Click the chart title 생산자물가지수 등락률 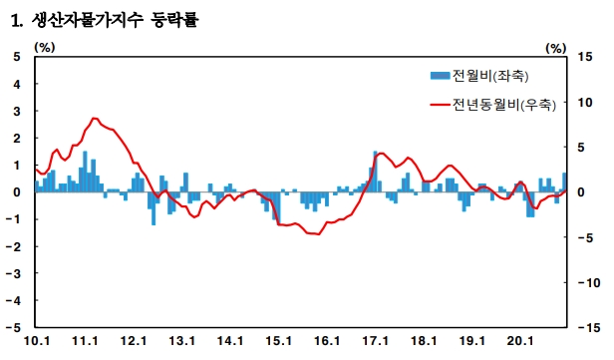tap(115, 20)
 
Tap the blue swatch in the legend tap(440, 76)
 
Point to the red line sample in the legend tap(440, 105)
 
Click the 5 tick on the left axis tap(16, 57)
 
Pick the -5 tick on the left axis tap(13, 327)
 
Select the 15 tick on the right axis tap(585, 57)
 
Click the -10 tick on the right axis tap(589, 282)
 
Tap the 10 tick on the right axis tap(585, 103)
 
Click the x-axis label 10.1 tap(37, 341)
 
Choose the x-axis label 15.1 tap(278, 341)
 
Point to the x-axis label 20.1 tap(520, 341)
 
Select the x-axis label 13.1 tap(181, 341)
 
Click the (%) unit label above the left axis tap(45, 48)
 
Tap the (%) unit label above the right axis tap(556, 49)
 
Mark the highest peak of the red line tap(94, 118)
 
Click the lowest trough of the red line tap(319, 234)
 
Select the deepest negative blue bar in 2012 tap(153, 208)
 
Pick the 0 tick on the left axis tap(16, 192)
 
